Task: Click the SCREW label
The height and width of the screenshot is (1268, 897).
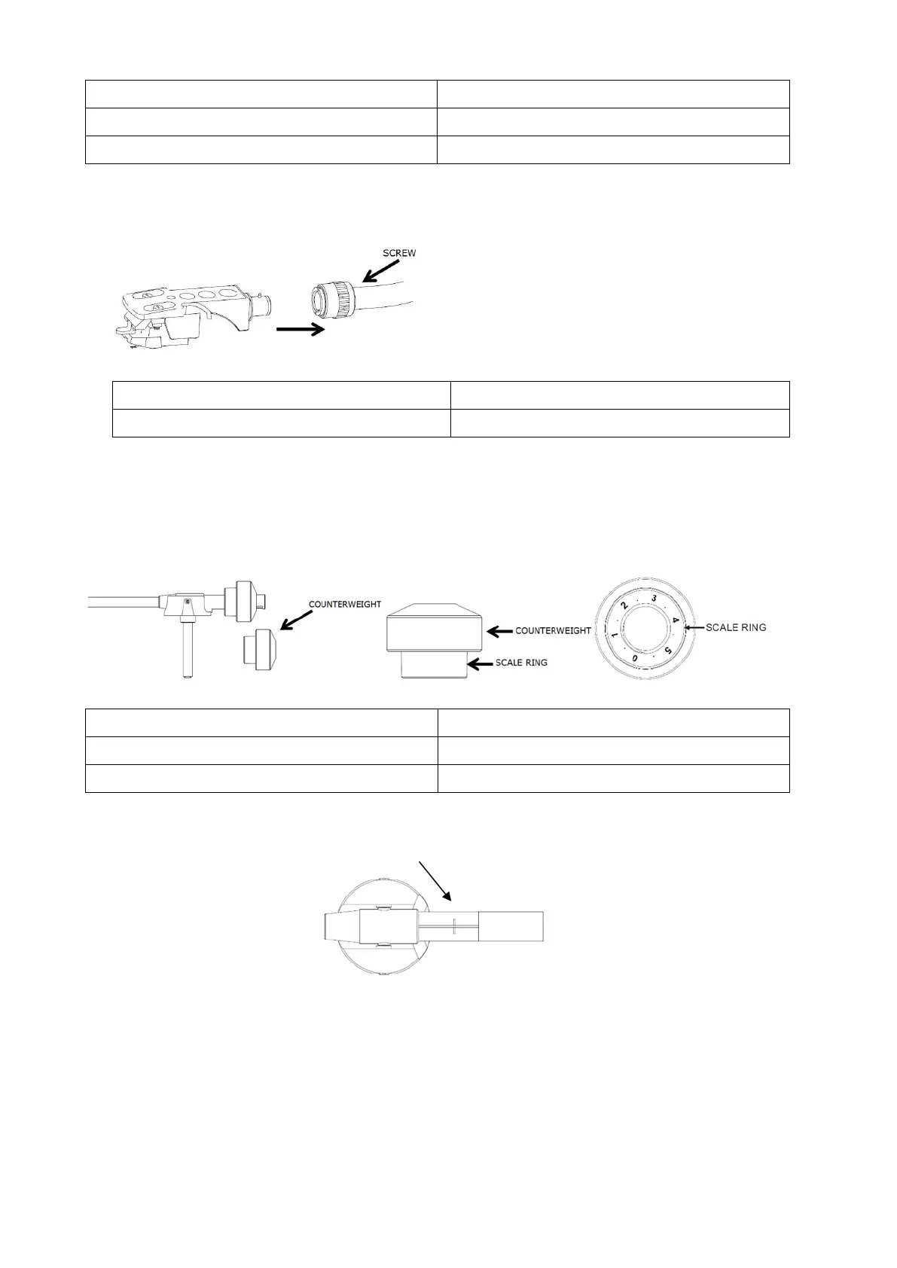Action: coord(398,253)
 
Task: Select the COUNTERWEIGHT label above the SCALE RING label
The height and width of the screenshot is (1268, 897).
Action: coord(554,630)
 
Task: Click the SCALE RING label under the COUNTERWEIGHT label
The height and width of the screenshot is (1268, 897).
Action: coord(521,663)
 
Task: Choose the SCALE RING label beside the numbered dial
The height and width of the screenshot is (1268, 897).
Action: coord(736,627)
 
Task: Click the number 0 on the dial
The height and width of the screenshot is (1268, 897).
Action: coord(635,658)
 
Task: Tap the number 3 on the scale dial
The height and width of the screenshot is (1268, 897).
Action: coord(654,597)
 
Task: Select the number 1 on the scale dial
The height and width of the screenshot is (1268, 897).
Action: coord(615,637)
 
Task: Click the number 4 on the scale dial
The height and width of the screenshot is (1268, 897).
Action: coord(676,620)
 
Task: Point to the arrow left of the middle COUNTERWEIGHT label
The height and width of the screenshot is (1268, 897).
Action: coord(499,630)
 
